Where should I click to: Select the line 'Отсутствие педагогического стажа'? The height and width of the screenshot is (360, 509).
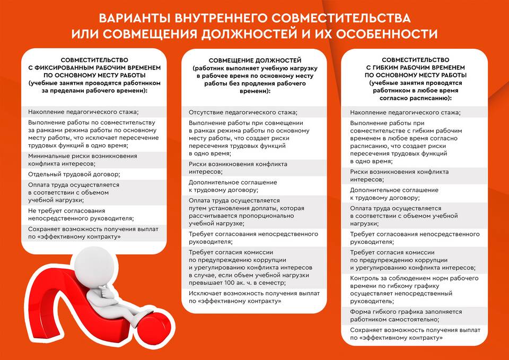pos(243,112)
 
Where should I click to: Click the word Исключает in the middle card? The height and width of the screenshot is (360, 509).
pos(205,293)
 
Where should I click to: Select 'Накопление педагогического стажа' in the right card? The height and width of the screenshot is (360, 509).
pos(405,112)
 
